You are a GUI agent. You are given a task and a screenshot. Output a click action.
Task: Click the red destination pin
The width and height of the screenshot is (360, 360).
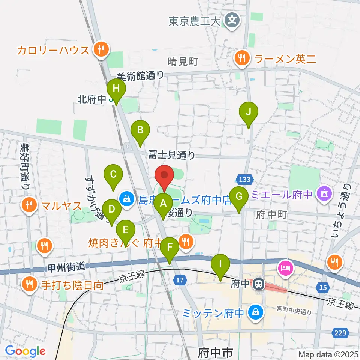click(164, 175)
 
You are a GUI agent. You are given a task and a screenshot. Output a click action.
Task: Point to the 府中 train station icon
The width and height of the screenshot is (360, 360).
click(258, 284)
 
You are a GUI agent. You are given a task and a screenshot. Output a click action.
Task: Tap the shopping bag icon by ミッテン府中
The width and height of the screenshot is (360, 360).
click(255, 312)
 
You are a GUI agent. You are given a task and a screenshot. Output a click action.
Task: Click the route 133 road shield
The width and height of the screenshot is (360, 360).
click(244, 180)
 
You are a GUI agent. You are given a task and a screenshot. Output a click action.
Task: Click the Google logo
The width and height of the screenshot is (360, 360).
click(25, 351)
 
